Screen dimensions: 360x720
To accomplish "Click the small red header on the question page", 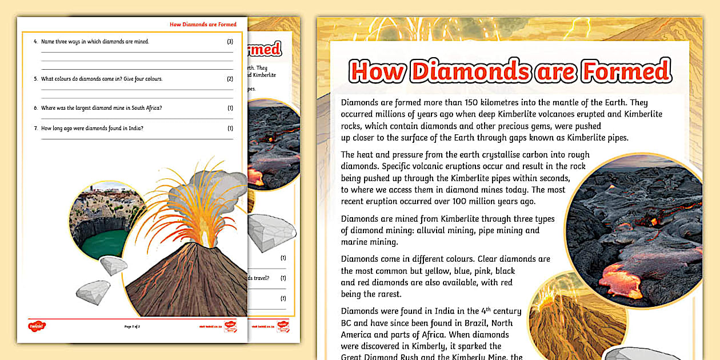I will tap(203, 25).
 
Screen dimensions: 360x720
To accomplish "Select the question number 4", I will tap(36, 42).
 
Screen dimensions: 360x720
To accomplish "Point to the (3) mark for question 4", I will tap(230, 42).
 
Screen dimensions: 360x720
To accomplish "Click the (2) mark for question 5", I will tap(230, 79).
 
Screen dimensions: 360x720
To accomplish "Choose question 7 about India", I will tap(91, 128).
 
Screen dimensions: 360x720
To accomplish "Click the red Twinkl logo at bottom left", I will tap(37, 326).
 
